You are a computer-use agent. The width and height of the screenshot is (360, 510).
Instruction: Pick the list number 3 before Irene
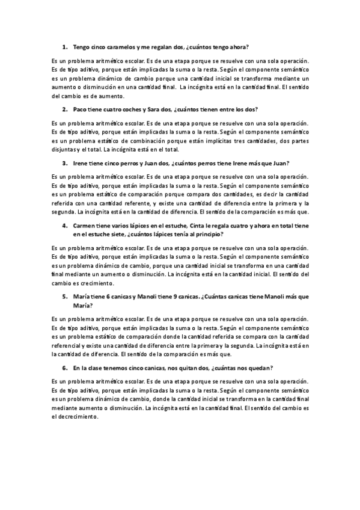pos(64,163)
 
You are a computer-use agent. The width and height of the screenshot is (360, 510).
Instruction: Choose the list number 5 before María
pos(64,296)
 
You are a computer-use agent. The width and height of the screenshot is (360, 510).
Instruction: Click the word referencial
pos(67,346)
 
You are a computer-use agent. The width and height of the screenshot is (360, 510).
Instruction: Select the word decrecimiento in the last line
pos(79,416)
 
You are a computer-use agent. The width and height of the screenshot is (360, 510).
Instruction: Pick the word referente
pos(129,203)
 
